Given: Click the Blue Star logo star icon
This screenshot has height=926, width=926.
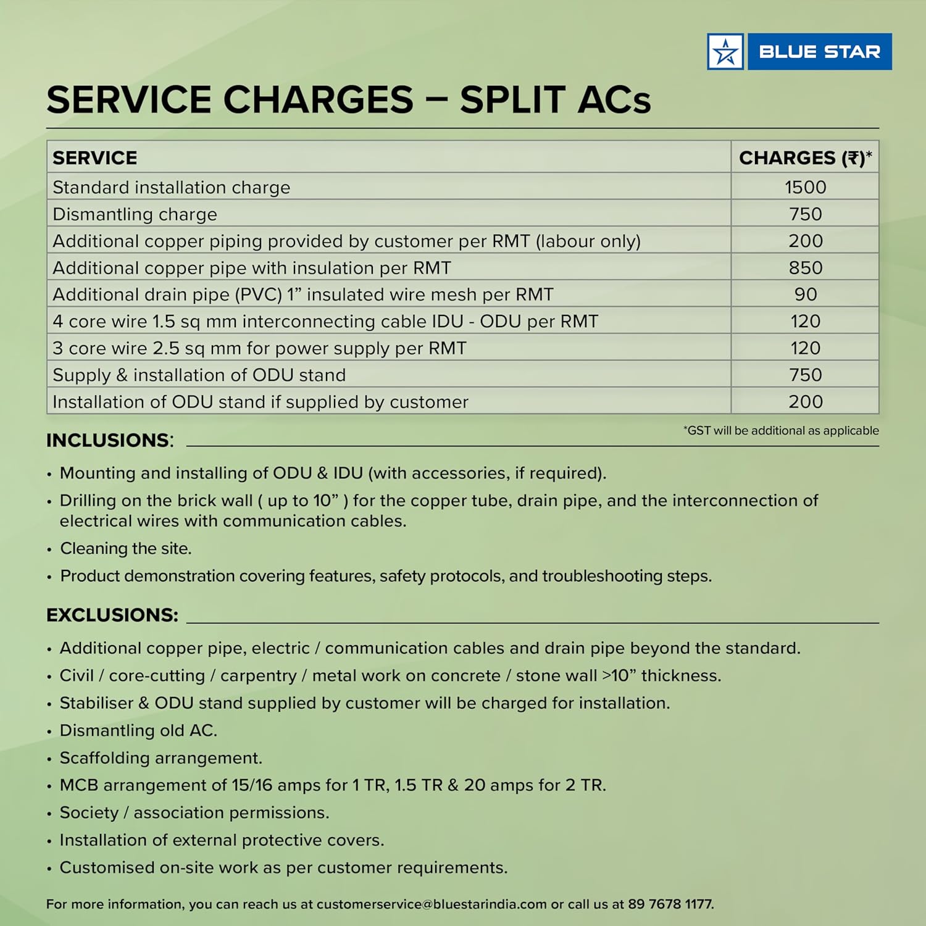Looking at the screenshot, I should (725, 52).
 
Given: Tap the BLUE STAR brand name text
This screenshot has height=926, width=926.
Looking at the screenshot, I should (819, 52).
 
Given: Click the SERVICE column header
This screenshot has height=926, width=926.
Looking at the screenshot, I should (95, 158).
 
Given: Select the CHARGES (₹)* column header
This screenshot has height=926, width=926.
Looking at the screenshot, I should (805, 158).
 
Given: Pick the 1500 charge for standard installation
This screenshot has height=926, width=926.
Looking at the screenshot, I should (805, 187).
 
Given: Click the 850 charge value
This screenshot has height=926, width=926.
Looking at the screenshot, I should (805, 268).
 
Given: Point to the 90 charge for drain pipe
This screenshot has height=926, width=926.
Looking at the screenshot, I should (805, 294).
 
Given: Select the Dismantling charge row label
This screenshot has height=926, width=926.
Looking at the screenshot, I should (135, 214).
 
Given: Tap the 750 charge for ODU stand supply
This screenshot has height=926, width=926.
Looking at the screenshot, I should (805, 375).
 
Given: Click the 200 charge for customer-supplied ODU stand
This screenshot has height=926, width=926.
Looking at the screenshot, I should (805, 402).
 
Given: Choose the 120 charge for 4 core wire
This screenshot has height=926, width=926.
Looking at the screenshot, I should (805, 322).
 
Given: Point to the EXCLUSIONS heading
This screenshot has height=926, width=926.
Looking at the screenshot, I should (112, 615).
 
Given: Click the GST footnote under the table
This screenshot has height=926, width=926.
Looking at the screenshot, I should (781, 430).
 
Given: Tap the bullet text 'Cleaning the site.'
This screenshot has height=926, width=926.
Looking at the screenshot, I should (126, 548).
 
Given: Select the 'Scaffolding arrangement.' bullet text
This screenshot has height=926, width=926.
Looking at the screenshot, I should (161, 757).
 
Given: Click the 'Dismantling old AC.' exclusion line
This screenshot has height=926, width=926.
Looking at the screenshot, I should (138, 730).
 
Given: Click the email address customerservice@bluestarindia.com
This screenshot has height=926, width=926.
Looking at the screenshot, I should (432, 904).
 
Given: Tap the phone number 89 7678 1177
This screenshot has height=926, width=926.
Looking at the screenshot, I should (670, 904).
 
